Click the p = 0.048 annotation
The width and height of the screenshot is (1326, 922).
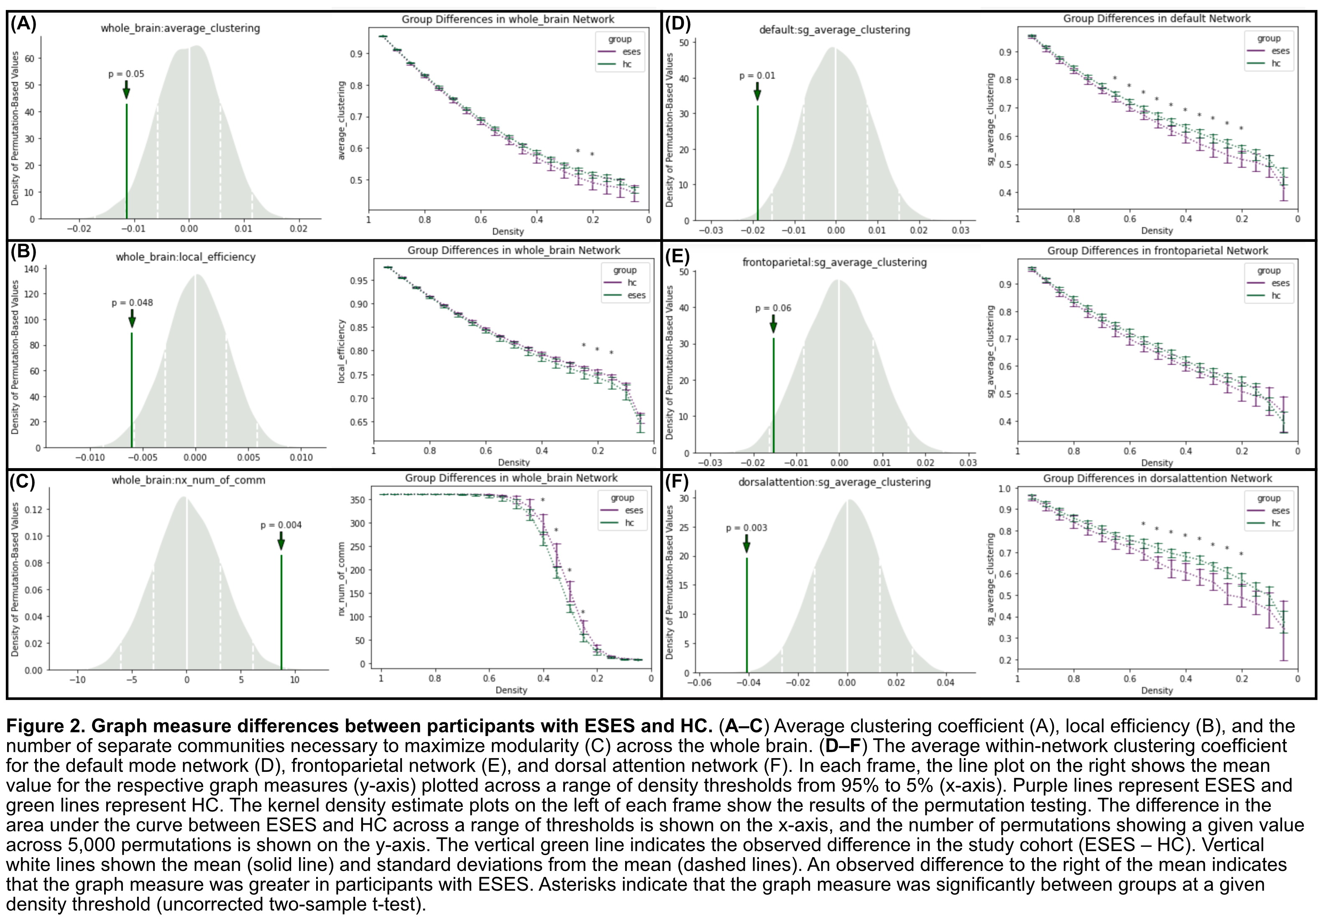tap(132, 303)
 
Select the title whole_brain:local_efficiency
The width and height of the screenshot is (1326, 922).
tap(185, 257)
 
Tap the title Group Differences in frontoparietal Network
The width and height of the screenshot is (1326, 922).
tap(1157, 251)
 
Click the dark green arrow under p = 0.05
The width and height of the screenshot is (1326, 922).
tap(126, 90)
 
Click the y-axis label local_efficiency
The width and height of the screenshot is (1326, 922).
tap(341, 351)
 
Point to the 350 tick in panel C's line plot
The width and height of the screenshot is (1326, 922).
tap(358, 500)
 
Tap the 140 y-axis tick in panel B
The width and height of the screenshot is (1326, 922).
tap(32, 269)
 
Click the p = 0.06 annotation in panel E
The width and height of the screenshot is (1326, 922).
tap(773, 308)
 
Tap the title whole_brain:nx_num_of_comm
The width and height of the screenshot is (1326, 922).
tap(188, 480)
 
